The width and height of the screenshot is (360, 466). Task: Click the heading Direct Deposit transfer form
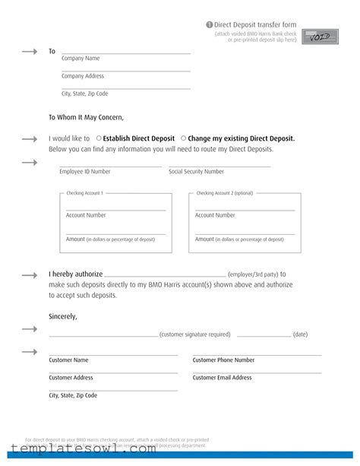(258, 25)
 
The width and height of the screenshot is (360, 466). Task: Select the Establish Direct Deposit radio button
(99, 138)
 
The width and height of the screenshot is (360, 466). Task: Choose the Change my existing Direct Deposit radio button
(183, 138)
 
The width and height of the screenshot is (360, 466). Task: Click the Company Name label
(81, 59)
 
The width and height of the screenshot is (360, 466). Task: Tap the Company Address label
(83, 76)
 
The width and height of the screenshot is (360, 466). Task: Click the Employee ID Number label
(85, 172)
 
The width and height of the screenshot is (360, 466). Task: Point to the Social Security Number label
(196, 172)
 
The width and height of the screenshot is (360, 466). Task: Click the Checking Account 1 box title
(84, 193)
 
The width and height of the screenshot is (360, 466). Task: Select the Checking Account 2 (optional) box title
(224, 193)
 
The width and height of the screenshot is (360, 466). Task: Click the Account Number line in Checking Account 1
(115, 209)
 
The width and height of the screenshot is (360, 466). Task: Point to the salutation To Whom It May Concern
(86, 117)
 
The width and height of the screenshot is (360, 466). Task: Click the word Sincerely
(63, 315)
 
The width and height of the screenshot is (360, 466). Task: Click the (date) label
(300, 334)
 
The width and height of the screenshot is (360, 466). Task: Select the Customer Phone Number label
(223, 360)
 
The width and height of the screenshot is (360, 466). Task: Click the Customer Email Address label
(222, 378)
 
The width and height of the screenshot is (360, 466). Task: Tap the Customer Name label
(68, 360)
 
